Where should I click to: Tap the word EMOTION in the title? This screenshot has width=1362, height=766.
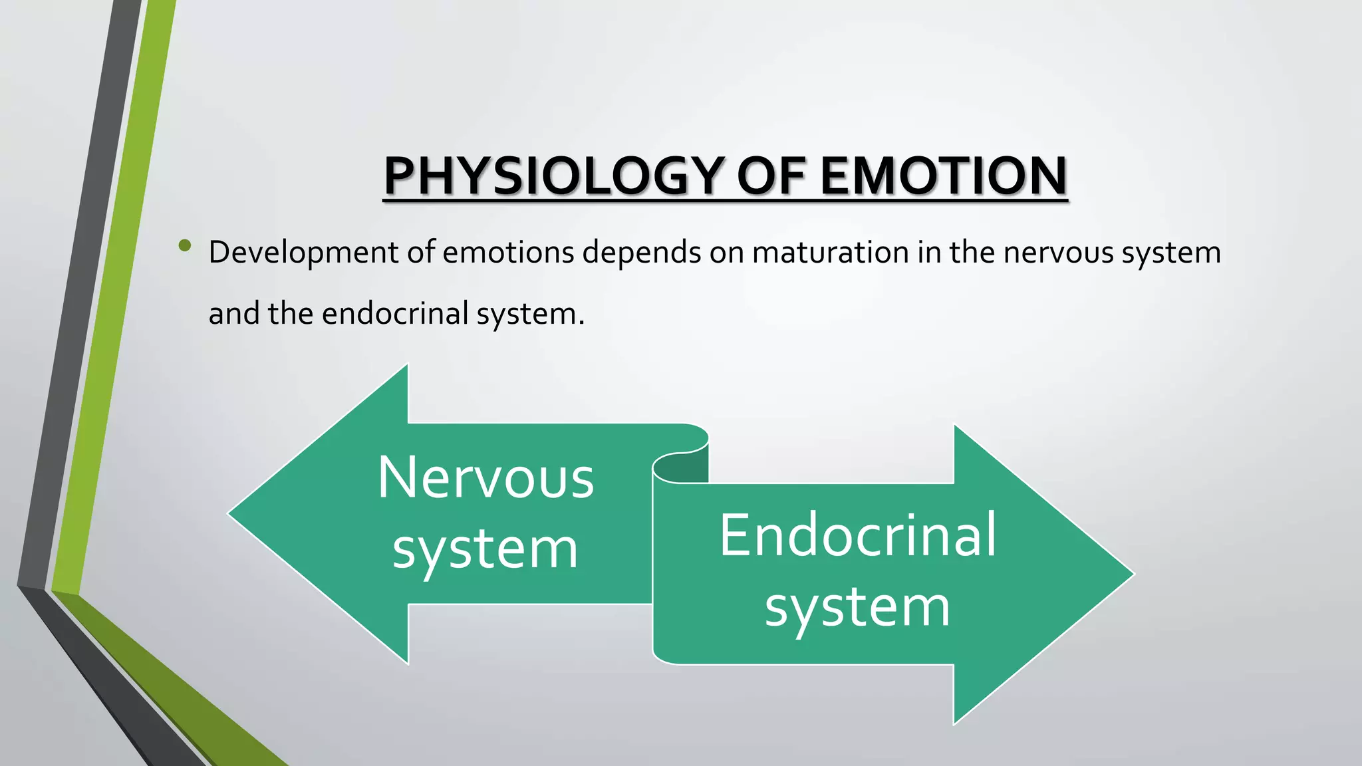[x=943, y=176]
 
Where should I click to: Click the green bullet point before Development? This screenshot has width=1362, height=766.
[x=185, y=247]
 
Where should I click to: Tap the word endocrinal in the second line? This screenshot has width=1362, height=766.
[x=395, y=314]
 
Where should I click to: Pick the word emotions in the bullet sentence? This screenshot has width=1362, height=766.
[x=508, y=253]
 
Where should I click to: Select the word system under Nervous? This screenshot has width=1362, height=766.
[x=485, y=551]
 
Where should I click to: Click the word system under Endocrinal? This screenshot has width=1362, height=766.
[x=858, y=608]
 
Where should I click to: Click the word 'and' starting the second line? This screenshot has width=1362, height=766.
[x=233, y=314]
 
